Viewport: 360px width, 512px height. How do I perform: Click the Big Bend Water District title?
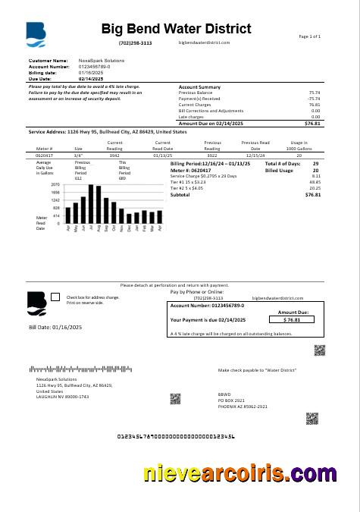pos(176,29)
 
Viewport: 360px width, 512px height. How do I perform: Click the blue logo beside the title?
pos(36,33)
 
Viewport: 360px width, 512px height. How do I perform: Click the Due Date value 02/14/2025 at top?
pos(91,78)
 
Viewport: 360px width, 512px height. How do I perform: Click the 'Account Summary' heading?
pos(199,87)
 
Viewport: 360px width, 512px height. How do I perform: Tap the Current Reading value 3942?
pos(114,154)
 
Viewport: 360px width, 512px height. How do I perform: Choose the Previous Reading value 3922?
pos(212,154)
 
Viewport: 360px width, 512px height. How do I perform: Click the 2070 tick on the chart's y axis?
pos(55,184)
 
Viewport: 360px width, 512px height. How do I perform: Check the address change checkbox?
pos(55,297)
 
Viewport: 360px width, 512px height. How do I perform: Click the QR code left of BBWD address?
pos(175,398)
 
